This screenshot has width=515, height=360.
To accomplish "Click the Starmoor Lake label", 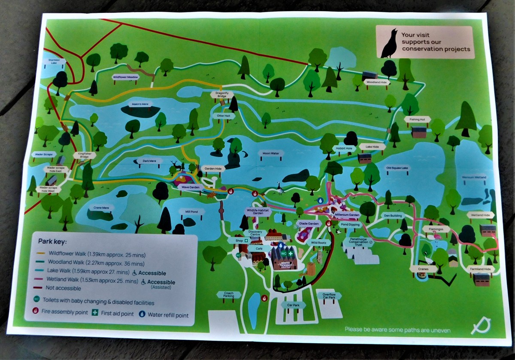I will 54,61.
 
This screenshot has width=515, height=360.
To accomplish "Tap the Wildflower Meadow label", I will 125,77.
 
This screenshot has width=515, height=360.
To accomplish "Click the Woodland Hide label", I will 377,82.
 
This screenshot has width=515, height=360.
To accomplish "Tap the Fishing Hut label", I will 417,119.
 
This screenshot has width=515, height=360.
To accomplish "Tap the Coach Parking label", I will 229,295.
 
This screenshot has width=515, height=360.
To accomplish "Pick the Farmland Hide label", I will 480,269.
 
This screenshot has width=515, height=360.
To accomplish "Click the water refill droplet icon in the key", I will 142,314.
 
